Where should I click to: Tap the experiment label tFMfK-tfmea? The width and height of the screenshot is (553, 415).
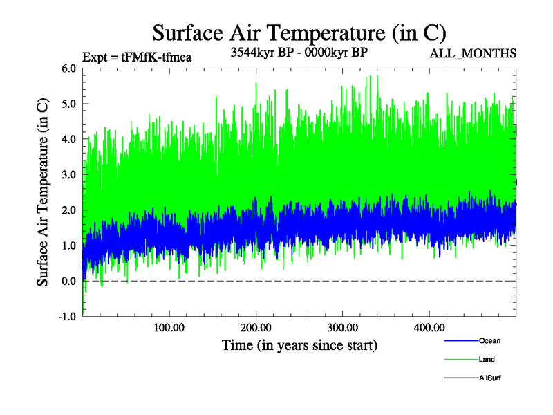136,57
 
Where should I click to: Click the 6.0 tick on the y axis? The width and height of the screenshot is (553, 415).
68,68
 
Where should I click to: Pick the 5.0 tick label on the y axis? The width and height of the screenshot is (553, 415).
68,104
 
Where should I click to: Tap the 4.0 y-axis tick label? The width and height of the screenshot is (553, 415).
68,139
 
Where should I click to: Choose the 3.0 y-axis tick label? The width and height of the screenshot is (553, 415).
68,175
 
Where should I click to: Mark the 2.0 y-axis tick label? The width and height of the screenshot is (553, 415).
68,210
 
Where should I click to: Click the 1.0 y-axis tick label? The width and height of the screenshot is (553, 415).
68,246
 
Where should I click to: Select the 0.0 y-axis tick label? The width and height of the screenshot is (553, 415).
68,281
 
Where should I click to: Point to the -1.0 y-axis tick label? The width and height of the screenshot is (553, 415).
67,317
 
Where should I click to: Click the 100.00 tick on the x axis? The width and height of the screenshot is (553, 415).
169,327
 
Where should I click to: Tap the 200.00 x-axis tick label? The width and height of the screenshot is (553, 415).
256,327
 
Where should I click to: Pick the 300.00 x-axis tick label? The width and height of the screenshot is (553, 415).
342,327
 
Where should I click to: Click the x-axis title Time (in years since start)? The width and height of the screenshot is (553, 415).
299,344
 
